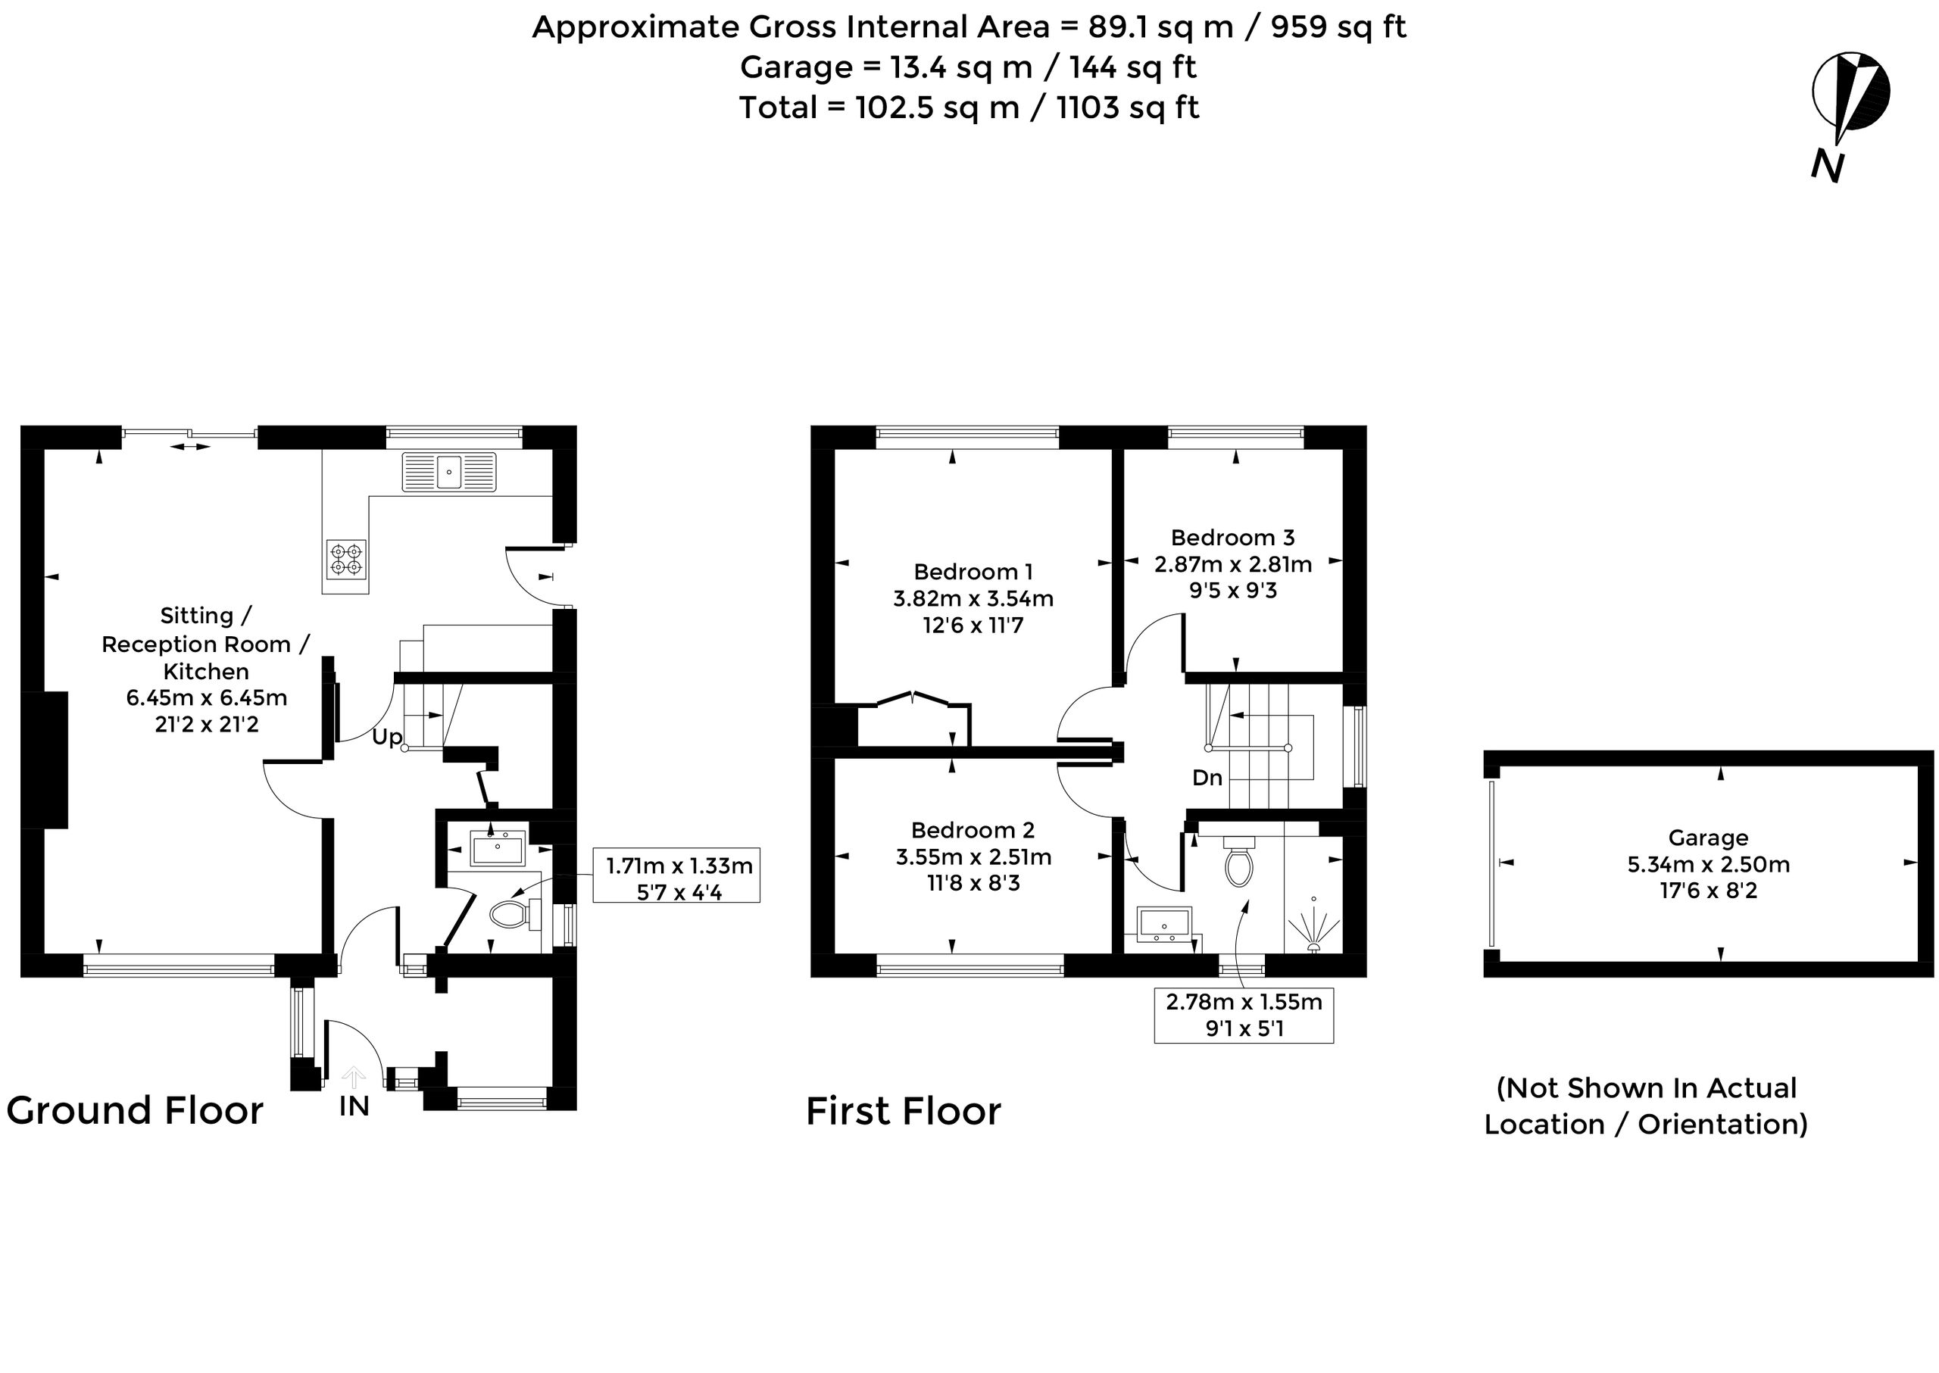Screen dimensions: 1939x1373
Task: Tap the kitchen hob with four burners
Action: (x=346, y=560)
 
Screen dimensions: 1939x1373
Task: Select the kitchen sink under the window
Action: (x=449, y=471)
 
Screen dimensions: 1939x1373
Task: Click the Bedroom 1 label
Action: (x=973, y=573)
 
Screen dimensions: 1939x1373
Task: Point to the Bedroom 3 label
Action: (x=1232, y=538)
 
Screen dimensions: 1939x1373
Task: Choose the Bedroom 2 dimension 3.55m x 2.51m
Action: (x=973, y=857)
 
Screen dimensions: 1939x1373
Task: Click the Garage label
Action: (x=1708, y=838)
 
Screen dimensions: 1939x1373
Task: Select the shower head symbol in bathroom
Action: (x=1313, y=925)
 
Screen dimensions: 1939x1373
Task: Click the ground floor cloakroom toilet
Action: (x=515, y=914)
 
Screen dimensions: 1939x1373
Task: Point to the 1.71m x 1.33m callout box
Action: (x=676, y=875)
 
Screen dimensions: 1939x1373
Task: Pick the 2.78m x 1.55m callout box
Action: (x=1244, y=1016)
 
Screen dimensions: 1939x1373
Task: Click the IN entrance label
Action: (x=354, y=1106)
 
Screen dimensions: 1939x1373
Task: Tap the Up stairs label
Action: (x=386, y=737)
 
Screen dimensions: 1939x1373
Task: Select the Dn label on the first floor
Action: (x=1207, y=778)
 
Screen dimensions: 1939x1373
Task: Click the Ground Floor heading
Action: (x=136, y=1110)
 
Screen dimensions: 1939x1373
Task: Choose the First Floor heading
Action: (x=903, y=1111)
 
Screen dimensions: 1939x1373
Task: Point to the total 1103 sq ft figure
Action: (x=1127, y=108)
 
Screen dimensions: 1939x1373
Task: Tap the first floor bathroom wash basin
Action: (x=1164, y=924)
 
